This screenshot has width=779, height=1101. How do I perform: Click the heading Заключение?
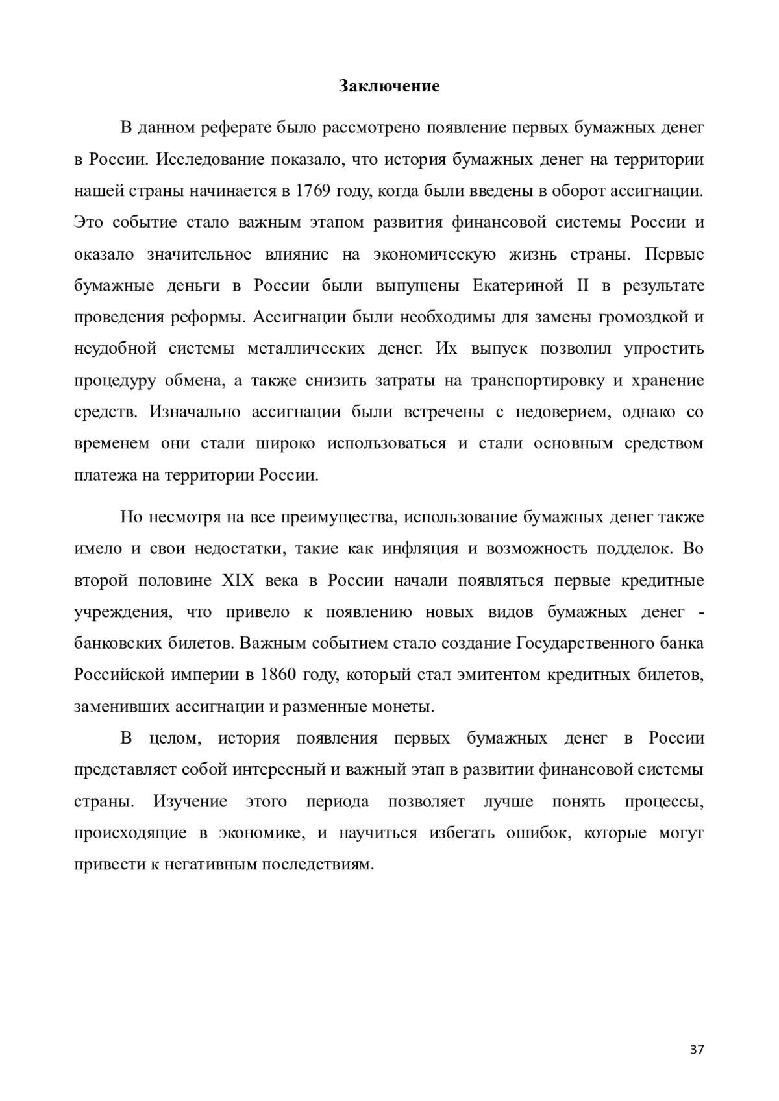389,86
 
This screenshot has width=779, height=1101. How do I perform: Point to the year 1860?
278,674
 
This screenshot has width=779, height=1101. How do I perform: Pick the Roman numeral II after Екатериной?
582,285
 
